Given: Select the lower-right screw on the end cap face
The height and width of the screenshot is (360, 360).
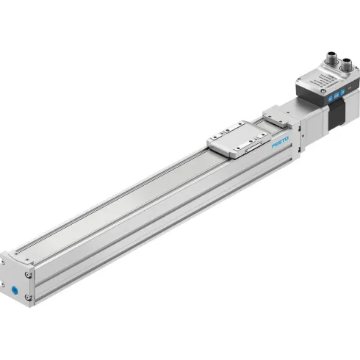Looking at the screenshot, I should pos(29,297).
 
